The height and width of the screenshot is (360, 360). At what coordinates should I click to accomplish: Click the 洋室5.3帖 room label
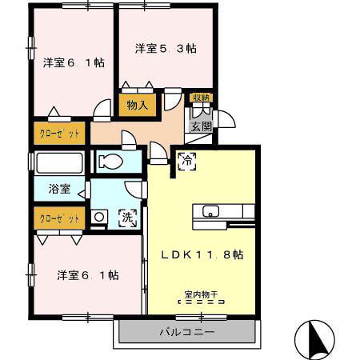click(166, 49)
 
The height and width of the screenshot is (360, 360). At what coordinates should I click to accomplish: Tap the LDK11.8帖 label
click(202, 255)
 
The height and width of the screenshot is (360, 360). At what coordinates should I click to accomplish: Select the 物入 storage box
click(138, 105)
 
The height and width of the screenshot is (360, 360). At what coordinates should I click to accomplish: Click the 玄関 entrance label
click(202, 126)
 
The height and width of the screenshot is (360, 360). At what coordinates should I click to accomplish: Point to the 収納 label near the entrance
click(202, 98)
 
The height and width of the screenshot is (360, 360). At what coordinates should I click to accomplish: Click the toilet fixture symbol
click(110, 162)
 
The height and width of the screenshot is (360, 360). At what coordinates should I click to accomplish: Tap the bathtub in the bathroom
click(59, 163)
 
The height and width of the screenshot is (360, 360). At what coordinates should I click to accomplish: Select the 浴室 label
click(59, 189)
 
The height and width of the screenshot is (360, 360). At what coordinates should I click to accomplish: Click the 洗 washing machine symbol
click(128, 218)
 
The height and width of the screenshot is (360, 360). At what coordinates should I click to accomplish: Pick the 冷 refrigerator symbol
click(187, 161)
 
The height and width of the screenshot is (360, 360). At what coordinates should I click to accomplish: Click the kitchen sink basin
click(210, 211)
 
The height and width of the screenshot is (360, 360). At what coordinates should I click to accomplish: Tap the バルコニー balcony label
click(187, 332)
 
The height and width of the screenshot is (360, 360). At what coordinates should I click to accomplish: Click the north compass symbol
click(314, 340)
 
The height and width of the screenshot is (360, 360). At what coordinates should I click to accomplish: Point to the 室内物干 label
click(202, 294)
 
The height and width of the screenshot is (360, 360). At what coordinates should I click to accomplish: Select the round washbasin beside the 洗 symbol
click(99, 217)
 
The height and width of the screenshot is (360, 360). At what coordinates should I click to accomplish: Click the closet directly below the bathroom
click(59, 218)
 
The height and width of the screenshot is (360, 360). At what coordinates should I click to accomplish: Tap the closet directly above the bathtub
click(59, 133)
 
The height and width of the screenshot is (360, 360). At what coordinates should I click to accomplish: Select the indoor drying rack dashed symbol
click(202, 302)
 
